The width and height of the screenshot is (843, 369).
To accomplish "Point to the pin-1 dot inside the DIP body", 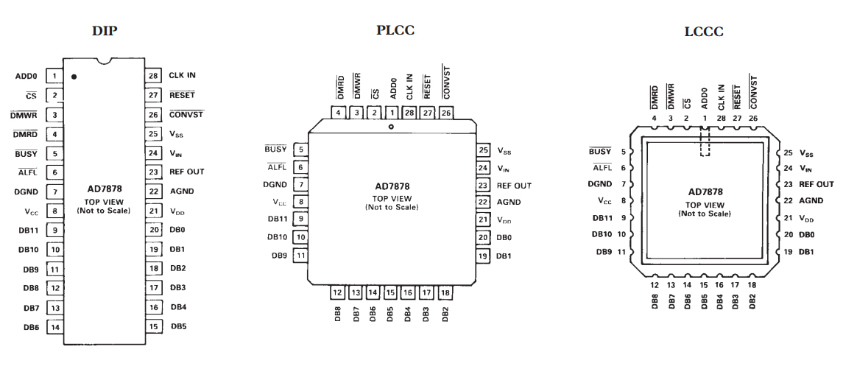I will [74, 76].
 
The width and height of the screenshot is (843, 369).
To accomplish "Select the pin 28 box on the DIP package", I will [154, 75].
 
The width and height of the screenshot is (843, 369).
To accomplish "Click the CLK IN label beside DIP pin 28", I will [182, 75].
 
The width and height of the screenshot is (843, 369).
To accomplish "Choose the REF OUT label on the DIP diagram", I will [186, 172].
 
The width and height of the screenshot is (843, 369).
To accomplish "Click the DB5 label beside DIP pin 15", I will [178, 325].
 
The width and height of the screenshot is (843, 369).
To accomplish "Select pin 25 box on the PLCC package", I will [483, 150].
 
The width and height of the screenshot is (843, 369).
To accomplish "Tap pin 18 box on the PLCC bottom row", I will [445, 292].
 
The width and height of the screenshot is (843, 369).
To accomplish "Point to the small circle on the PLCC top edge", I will [391, 127].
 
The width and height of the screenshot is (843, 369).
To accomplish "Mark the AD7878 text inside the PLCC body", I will [391, 186].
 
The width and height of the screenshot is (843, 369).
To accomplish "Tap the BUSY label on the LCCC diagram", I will [601, 152].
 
